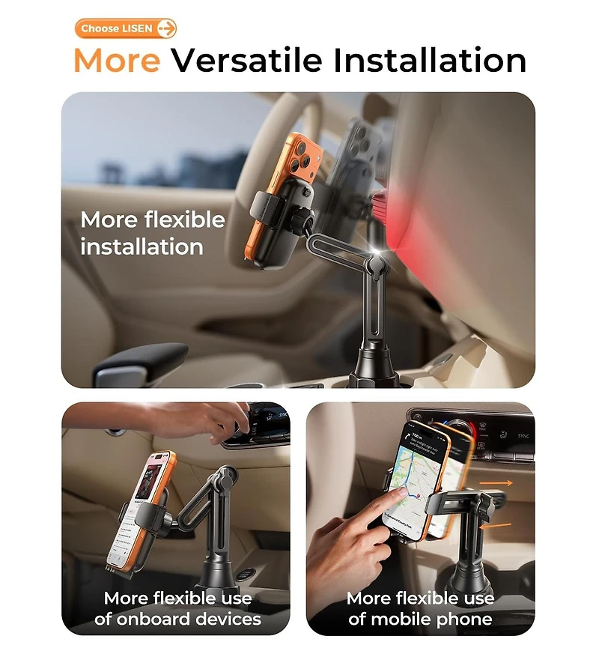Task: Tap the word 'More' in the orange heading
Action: pos(117,61)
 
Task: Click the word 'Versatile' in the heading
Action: pos(246,61)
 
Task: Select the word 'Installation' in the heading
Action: pos(430,61)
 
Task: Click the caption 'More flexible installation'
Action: pos(152,233)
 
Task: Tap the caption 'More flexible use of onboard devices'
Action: pos(177,608)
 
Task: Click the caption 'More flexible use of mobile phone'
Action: pos(420,608)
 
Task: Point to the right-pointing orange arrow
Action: pos(497,484)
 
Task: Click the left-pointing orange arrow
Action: pos(494,527)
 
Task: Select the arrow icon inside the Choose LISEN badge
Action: pos(166,28)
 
